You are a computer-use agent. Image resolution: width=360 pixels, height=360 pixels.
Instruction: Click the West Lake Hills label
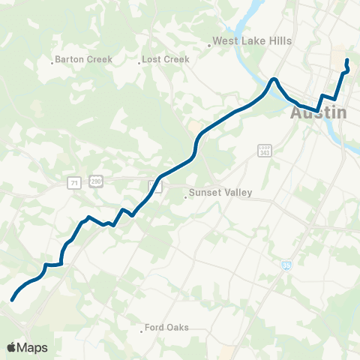[x=252, y=42]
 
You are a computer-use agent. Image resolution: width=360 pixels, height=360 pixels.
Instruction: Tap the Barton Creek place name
[x=83, y=59]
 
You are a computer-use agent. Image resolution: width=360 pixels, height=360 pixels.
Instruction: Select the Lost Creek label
[x=166, y=59]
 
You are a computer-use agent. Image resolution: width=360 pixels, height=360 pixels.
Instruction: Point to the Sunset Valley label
[x=221, y=193]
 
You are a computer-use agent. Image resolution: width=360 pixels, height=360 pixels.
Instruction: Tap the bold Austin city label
[x=319, y=113]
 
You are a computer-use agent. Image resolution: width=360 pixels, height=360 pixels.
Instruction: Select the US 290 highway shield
[x=95, y=182]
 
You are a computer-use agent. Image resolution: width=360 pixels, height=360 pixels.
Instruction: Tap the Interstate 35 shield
[x=287, y=265]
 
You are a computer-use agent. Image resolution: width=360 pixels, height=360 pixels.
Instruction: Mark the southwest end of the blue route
[x=13, y=300]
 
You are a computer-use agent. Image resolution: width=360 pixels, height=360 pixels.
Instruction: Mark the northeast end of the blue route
[x=346, y=60]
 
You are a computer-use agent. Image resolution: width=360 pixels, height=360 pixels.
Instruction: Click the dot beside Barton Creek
[x=52, y=62]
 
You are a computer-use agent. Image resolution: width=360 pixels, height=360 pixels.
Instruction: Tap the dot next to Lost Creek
[x=139, y=62]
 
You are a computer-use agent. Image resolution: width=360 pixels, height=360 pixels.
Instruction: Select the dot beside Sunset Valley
[x=186, y=197]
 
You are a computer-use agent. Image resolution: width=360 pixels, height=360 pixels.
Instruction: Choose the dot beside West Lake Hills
[x=209, y=45]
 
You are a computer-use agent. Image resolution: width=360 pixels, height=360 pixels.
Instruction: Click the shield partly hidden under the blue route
[x=152, y=184]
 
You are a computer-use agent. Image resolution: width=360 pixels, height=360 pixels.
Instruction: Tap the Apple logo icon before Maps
[x=12, y=347]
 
